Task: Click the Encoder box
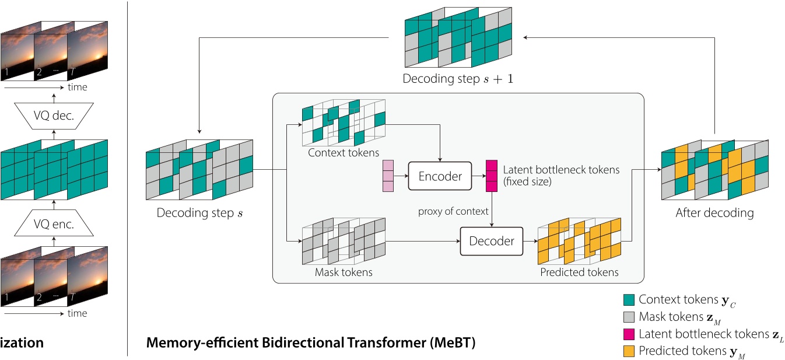coord(440,176)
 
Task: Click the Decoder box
coord(492,241)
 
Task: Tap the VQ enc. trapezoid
coord(54,224)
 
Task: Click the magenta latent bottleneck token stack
coord(492,176)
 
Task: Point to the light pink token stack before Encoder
coord(388,176)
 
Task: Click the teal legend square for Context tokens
coord(629,300)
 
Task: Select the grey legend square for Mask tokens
coord(629,317)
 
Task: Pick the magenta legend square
coord(629,334)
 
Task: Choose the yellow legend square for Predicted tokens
coord(629,351)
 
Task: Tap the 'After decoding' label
coord(714,213)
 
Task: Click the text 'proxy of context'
coord(453,211)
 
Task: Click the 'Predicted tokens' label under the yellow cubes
coord(579,272)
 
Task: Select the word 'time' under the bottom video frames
coord(77,313)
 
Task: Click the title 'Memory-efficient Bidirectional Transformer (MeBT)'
coord(311,343)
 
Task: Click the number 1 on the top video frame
coord(6,73)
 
